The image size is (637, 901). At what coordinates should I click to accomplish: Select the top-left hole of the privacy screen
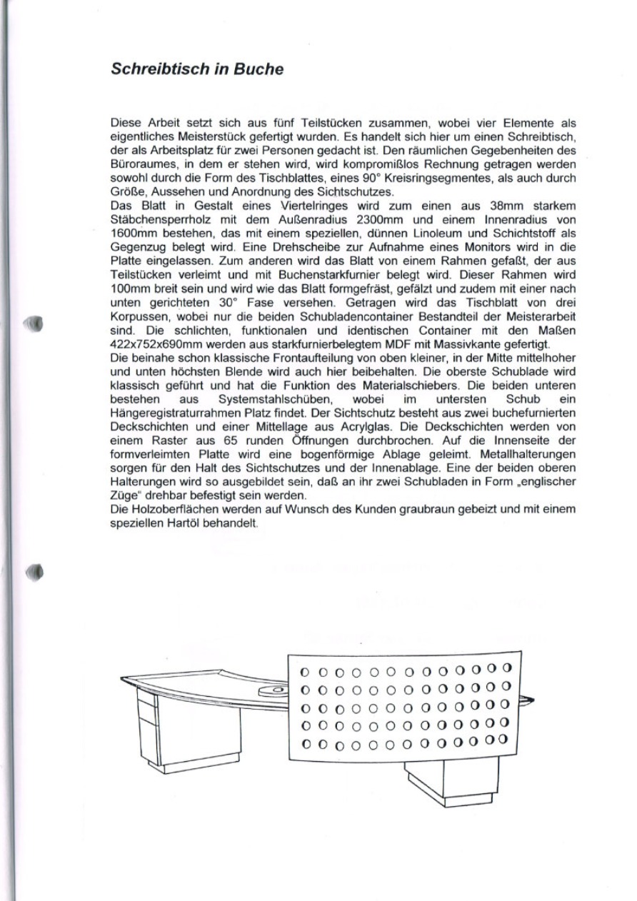point(304,672)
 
